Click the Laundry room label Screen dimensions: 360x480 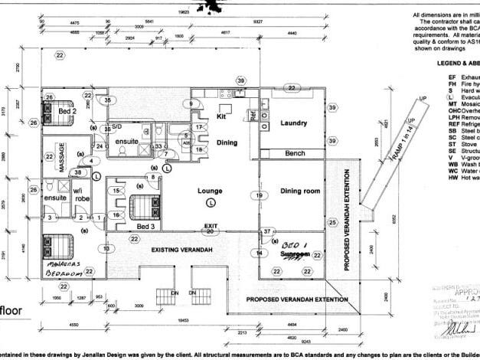click(x=294, y=123)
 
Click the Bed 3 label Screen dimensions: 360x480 click(x=146, y=227)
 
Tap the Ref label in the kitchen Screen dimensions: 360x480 click(x=251, y=116)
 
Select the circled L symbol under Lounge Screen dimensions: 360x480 click(x=211, y=202)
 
